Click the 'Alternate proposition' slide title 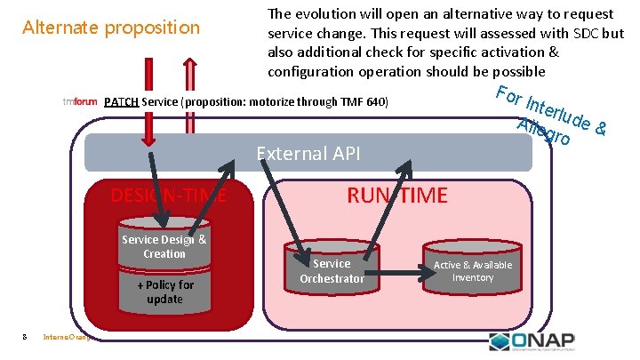pyautogui.click(x=111, y=28)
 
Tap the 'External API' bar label pyautogui.click(x=308, y=154)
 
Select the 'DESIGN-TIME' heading pyautogui.click(x=168, y=196)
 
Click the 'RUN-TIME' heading pyautogui.click(x=397, y=196)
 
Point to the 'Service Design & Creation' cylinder pyautogui.click(x=164, y=246)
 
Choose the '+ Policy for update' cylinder pyautogui.click(x=164, y=292)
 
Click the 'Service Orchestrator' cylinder pyautogui.click(x=332, y=270)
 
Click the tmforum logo pyautogui.click(x=80, y=101)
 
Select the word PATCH pyautogui.click(x=120, y=101)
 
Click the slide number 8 pyautogui.click(x=24, y=335)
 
